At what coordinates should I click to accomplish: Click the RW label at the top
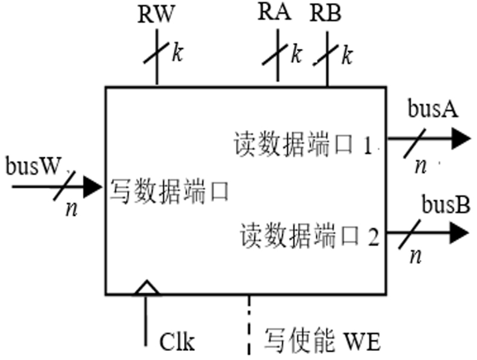coord(156,16)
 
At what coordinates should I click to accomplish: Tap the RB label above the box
coord(327,15)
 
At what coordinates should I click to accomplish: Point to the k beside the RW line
coord(177,53)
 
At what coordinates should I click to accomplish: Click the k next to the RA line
coord(296,53)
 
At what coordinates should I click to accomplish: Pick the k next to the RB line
coord(347,55)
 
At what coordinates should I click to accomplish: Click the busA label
coord(432,110)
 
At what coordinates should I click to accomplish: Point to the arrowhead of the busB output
coord(460,232)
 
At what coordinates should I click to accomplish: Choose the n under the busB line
coord(415,255)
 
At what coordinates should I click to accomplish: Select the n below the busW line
coord(72,209)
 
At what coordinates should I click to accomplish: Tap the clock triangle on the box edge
coord(146,288)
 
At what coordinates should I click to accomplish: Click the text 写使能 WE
coord(321,342)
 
